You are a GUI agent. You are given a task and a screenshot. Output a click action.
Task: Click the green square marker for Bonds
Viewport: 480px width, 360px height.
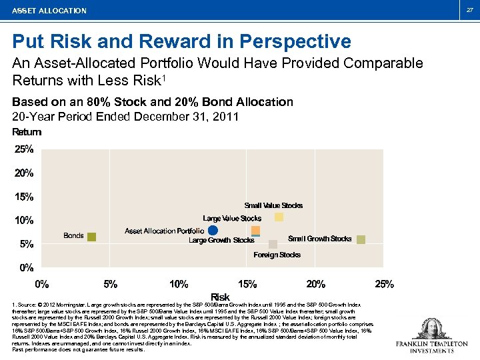click(x=92, y=237)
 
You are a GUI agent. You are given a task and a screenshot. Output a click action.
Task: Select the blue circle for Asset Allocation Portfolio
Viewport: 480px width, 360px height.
click(x=213, y=231)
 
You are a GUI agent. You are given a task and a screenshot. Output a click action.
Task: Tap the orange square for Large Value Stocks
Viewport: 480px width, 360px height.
click(x=255, y=230)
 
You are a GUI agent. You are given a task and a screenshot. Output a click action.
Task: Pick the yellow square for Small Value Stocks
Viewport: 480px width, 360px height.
click(x=279, y=217)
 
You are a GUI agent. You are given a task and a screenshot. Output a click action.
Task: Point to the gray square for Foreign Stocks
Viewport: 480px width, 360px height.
click(x=273, y=245)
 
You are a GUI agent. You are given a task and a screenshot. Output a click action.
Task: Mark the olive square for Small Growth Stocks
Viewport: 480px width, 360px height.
click(x=361, y=239)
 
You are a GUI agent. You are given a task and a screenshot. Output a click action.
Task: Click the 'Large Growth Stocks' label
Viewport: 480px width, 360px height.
click(x=221, y=241)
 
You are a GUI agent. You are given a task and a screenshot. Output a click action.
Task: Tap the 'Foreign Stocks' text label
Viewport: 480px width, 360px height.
click(x=277, y=255)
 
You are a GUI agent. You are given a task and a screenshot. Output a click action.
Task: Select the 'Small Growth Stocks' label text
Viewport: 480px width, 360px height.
click(x=319, y=239)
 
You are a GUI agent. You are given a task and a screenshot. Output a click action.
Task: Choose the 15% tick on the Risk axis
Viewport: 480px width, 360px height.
click(x=247, y=284)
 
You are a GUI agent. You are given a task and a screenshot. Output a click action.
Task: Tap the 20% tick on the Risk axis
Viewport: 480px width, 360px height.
click(x=316, y=284)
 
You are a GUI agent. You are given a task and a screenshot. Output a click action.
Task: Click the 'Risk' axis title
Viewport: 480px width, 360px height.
click(x=220, y=297)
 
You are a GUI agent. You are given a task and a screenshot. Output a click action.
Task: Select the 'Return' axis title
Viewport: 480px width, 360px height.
click(x=27, y=132)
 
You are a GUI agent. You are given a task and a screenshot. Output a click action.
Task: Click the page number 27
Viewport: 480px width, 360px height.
click(x=469, y=10)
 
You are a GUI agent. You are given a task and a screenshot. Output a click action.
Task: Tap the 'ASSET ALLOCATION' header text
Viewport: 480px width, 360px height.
click(x=50, y=11)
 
